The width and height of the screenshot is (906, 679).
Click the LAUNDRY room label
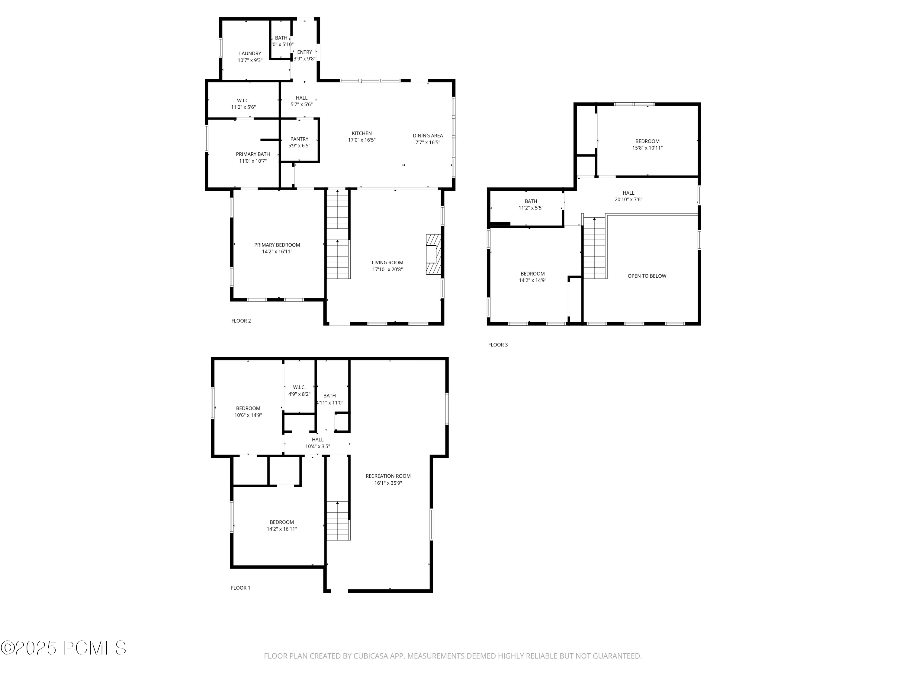tap(250, 54)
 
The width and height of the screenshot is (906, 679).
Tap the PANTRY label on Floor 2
tap(299, 139)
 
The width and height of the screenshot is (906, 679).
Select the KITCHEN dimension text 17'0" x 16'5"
tap(362, 140)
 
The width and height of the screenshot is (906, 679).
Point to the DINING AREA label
tap(428, 135)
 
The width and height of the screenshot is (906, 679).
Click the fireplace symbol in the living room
tap(433, 254)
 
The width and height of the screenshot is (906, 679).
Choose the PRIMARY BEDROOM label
tap(277, 245)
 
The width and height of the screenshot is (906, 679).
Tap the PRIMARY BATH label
tap(253, 154)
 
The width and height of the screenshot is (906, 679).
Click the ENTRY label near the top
tap(304, 52)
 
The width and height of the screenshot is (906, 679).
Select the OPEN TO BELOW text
tap(647, 276)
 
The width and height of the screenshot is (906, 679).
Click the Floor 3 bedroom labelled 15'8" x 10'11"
tap(647, 145)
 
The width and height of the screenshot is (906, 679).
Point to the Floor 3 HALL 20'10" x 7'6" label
tap(628, 196)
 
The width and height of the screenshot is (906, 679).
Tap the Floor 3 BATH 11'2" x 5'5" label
tap(531, 204)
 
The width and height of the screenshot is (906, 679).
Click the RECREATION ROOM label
tap(388, 476)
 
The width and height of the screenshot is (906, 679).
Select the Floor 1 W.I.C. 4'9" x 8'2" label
tap(299, 391)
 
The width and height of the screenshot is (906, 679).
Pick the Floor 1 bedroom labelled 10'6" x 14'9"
tap(248, 411)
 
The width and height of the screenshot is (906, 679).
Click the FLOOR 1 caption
tap(240, 588)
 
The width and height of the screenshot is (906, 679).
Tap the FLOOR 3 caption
tap(498, 345)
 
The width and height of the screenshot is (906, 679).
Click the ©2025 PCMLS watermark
tap(63, 648)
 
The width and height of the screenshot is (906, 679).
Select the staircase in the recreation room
tap(338, 521)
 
